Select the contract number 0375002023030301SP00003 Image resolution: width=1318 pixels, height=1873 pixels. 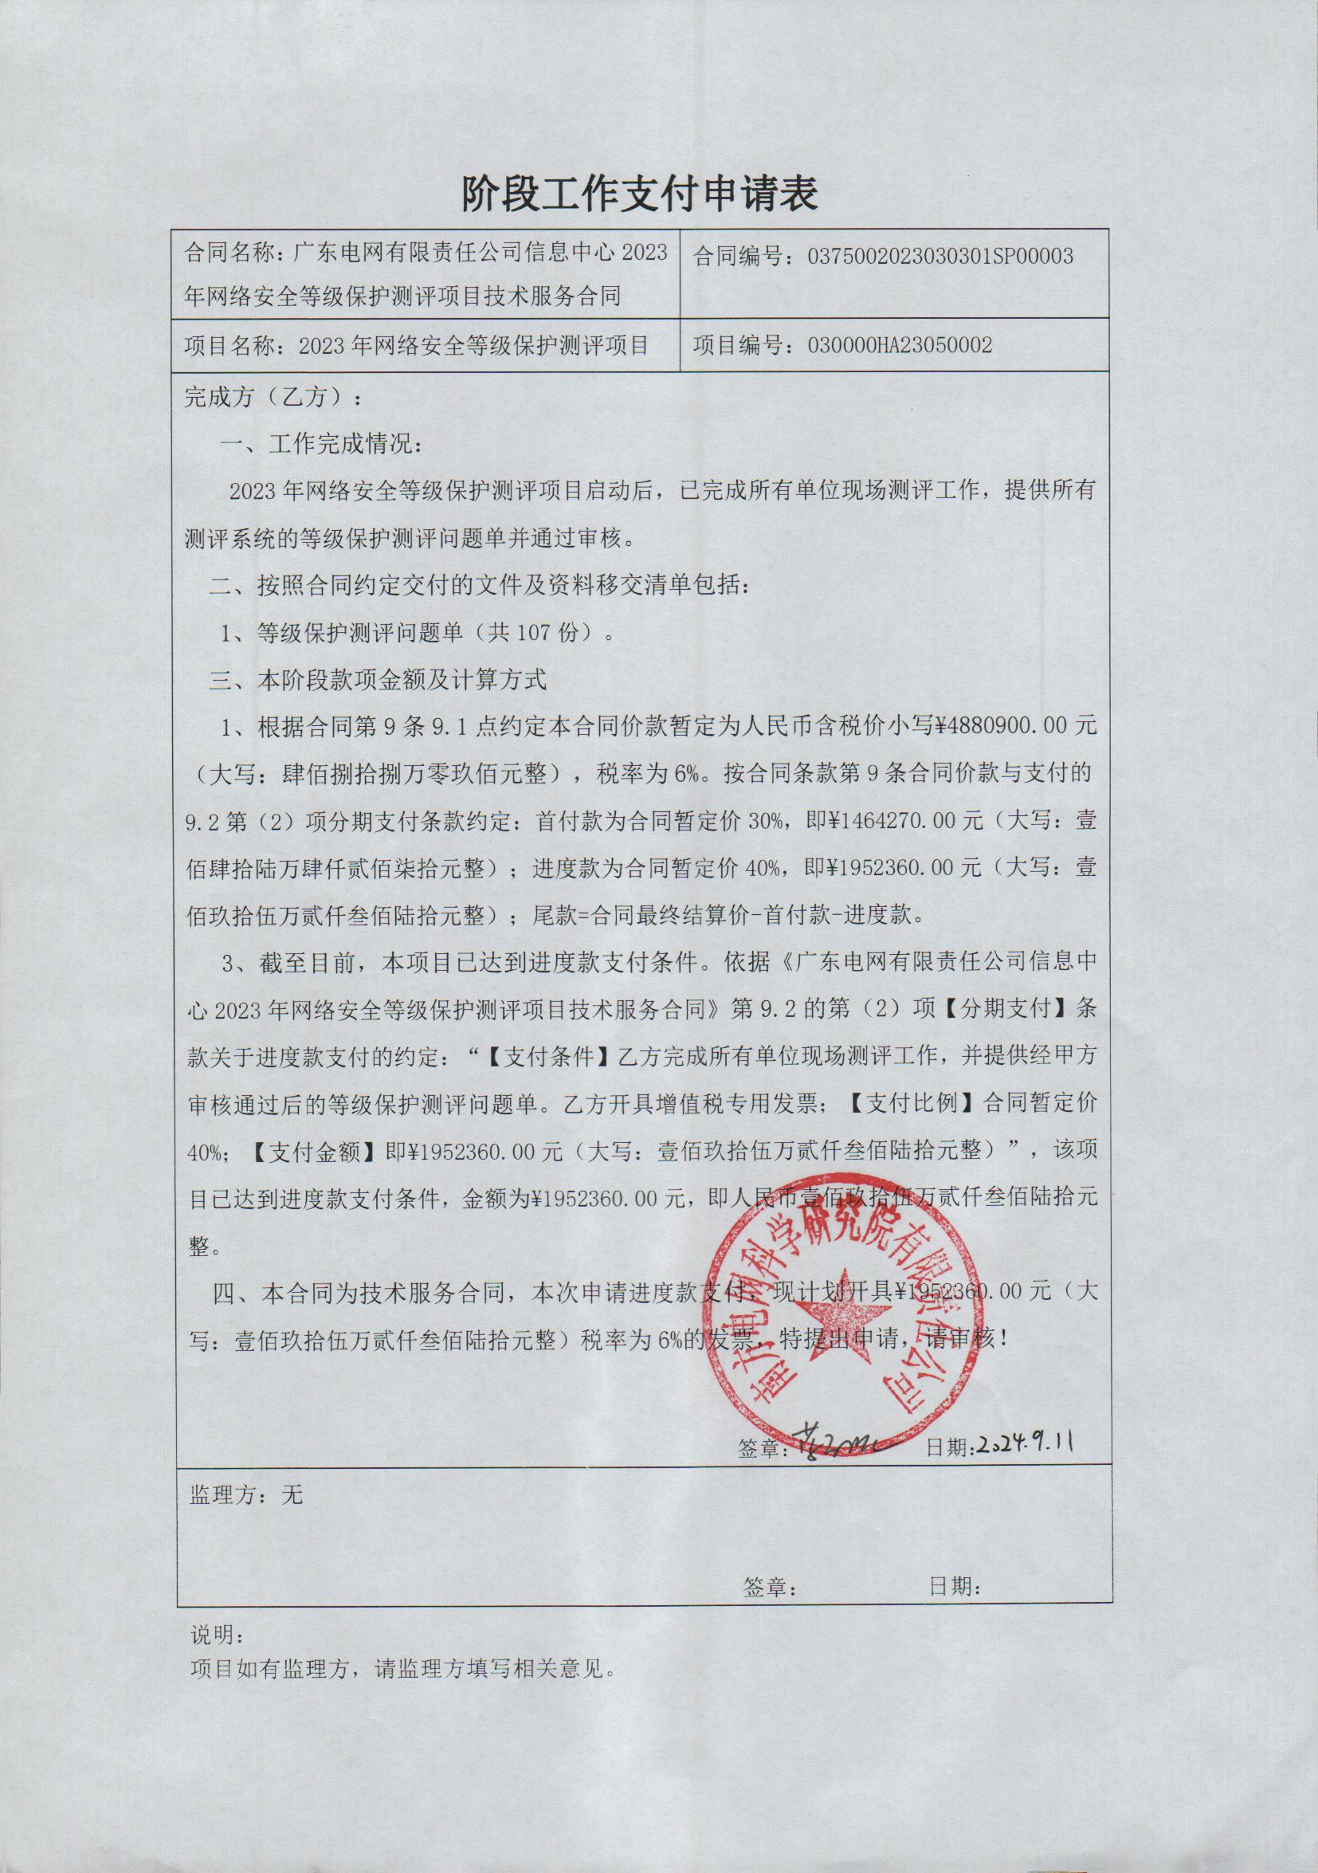pyautogui.click(x=939, y=257)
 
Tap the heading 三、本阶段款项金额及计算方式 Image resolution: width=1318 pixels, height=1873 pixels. pyautogui.click(x=377, y=681)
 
